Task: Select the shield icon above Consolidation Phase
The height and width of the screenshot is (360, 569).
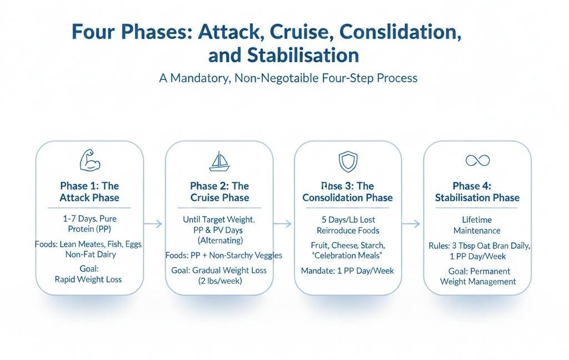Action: coord(347,162)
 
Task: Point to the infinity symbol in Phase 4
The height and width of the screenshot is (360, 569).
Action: coord(477,161)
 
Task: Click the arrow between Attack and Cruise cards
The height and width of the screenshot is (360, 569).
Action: coord(154,224)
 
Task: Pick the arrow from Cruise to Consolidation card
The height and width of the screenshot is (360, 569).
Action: coord(283,224)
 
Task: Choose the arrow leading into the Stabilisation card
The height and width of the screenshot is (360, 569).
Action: coord(412,224)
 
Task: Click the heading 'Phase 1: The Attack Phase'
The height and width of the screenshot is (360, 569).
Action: coord(89,192)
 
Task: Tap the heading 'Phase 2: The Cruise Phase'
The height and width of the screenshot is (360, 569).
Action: coord(219,192)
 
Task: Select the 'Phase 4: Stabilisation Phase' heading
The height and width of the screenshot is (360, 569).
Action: coord(477,192)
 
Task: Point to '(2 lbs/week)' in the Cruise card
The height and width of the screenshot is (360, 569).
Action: coord(219,281)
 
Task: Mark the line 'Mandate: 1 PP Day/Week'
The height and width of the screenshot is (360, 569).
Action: coord(347,271)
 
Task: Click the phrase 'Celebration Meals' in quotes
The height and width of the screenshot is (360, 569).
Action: coord(347,256)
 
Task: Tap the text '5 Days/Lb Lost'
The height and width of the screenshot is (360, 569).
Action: coord(347,220)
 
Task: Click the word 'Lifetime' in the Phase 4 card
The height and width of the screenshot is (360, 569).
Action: coord(477,220)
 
